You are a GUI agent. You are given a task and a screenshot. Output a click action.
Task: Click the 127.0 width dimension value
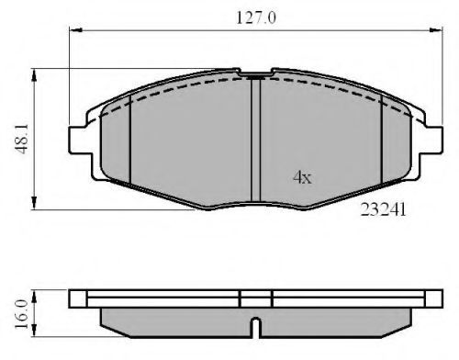(256, 17)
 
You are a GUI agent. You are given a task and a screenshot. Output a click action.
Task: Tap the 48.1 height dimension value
(22, 139)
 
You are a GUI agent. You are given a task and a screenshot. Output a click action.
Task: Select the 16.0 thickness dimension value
(21, 314)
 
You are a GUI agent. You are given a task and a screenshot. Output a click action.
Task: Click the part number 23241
(383, 210)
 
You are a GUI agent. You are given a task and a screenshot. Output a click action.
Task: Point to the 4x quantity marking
(302, 177)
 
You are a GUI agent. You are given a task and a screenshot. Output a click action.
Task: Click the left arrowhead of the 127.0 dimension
(76, 30)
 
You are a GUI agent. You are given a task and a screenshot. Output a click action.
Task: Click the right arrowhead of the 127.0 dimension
(436, 30)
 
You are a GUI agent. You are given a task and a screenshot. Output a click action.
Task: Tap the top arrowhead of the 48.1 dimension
(34, 75)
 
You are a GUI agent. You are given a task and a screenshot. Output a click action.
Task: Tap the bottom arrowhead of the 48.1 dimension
(34, 203)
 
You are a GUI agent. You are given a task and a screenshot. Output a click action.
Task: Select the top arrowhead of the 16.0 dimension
(34, 297)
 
